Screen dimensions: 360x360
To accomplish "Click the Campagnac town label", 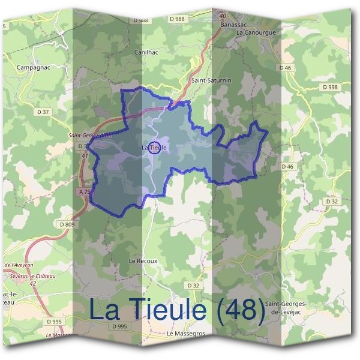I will pos(33,67).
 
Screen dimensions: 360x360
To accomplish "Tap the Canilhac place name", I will pos(147,52).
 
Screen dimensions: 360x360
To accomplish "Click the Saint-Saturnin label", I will pos(211,80).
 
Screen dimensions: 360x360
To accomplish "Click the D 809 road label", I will pos(67,224).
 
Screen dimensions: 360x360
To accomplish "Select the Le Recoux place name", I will pos(143,261).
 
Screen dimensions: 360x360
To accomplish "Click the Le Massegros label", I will pos(187,333).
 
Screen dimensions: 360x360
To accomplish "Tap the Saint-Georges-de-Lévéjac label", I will pos(289,308).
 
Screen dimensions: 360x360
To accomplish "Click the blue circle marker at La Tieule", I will pos(154,147).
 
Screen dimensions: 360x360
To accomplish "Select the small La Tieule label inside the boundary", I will pos(154,147).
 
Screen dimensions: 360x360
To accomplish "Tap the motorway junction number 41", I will pos(84,155).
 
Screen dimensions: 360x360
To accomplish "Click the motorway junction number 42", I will pos(32,283).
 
